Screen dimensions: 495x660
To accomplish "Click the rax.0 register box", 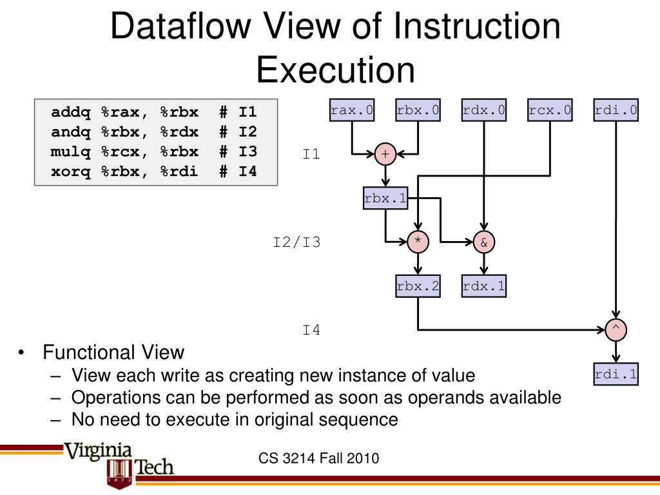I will point(352,110).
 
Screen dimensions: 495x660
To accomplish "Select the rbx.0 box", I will point(418,110).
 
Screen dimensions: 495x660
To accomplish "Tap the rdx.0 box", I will point(484,110).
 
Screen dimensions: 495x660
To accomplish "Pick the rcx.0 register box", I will point(550,110).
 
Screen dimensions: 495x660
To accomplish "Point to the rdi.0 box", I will point(616,110).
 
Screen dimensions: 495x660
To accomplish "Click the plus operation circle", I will point(385,154).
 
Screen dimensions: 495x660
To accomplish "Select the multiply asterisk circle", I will point(418,242).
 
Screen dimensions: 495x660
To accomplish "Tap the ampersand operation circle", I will point(484,242).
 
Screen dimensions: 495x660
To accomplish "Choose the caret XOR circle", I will point(616,329).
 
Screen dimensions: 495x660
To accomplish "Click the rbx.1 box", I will point(385,199).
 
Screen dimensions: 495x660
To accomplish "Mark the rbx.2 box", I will point(418,286).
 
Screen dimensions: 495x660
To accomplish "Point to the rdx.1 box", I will point(484,286).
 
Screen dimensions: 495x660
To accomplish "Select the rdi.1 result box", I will point(616,374).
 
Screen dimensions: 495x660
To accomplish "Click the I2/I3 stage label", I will point(296,243).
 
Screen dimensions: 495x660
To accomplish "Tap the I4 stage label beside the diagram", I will point(311,331).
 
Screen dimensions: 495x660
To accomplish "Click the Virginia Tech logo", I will point(119,461).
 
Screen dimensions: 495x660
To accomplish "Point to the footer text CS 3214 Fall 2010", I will point(319,459).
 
